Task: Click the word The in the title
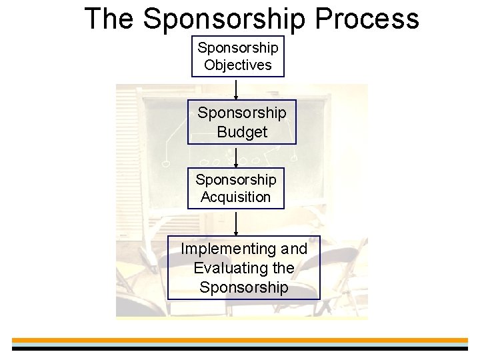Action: (x=110, y=19)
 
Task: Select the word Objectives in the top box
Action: (x=238, y=65)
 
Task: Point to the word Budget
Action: (x=242, y=132)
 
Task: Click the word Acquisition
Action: (x=236, y=197)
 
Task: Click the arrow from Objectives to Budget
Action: (x=236, y=89)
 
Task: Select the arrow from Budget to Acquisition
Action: (x=236, y=156)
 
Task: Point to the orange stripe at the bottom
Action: (x=240, y=341)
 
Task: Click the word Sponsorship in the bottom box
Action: (x=243, y=287)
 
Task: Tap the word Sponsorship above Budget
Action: (x=242, y=113)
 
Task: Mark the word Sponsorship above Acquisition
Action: (x=236, y=180)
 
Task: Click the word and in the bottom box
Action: (x=294, y=249)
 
